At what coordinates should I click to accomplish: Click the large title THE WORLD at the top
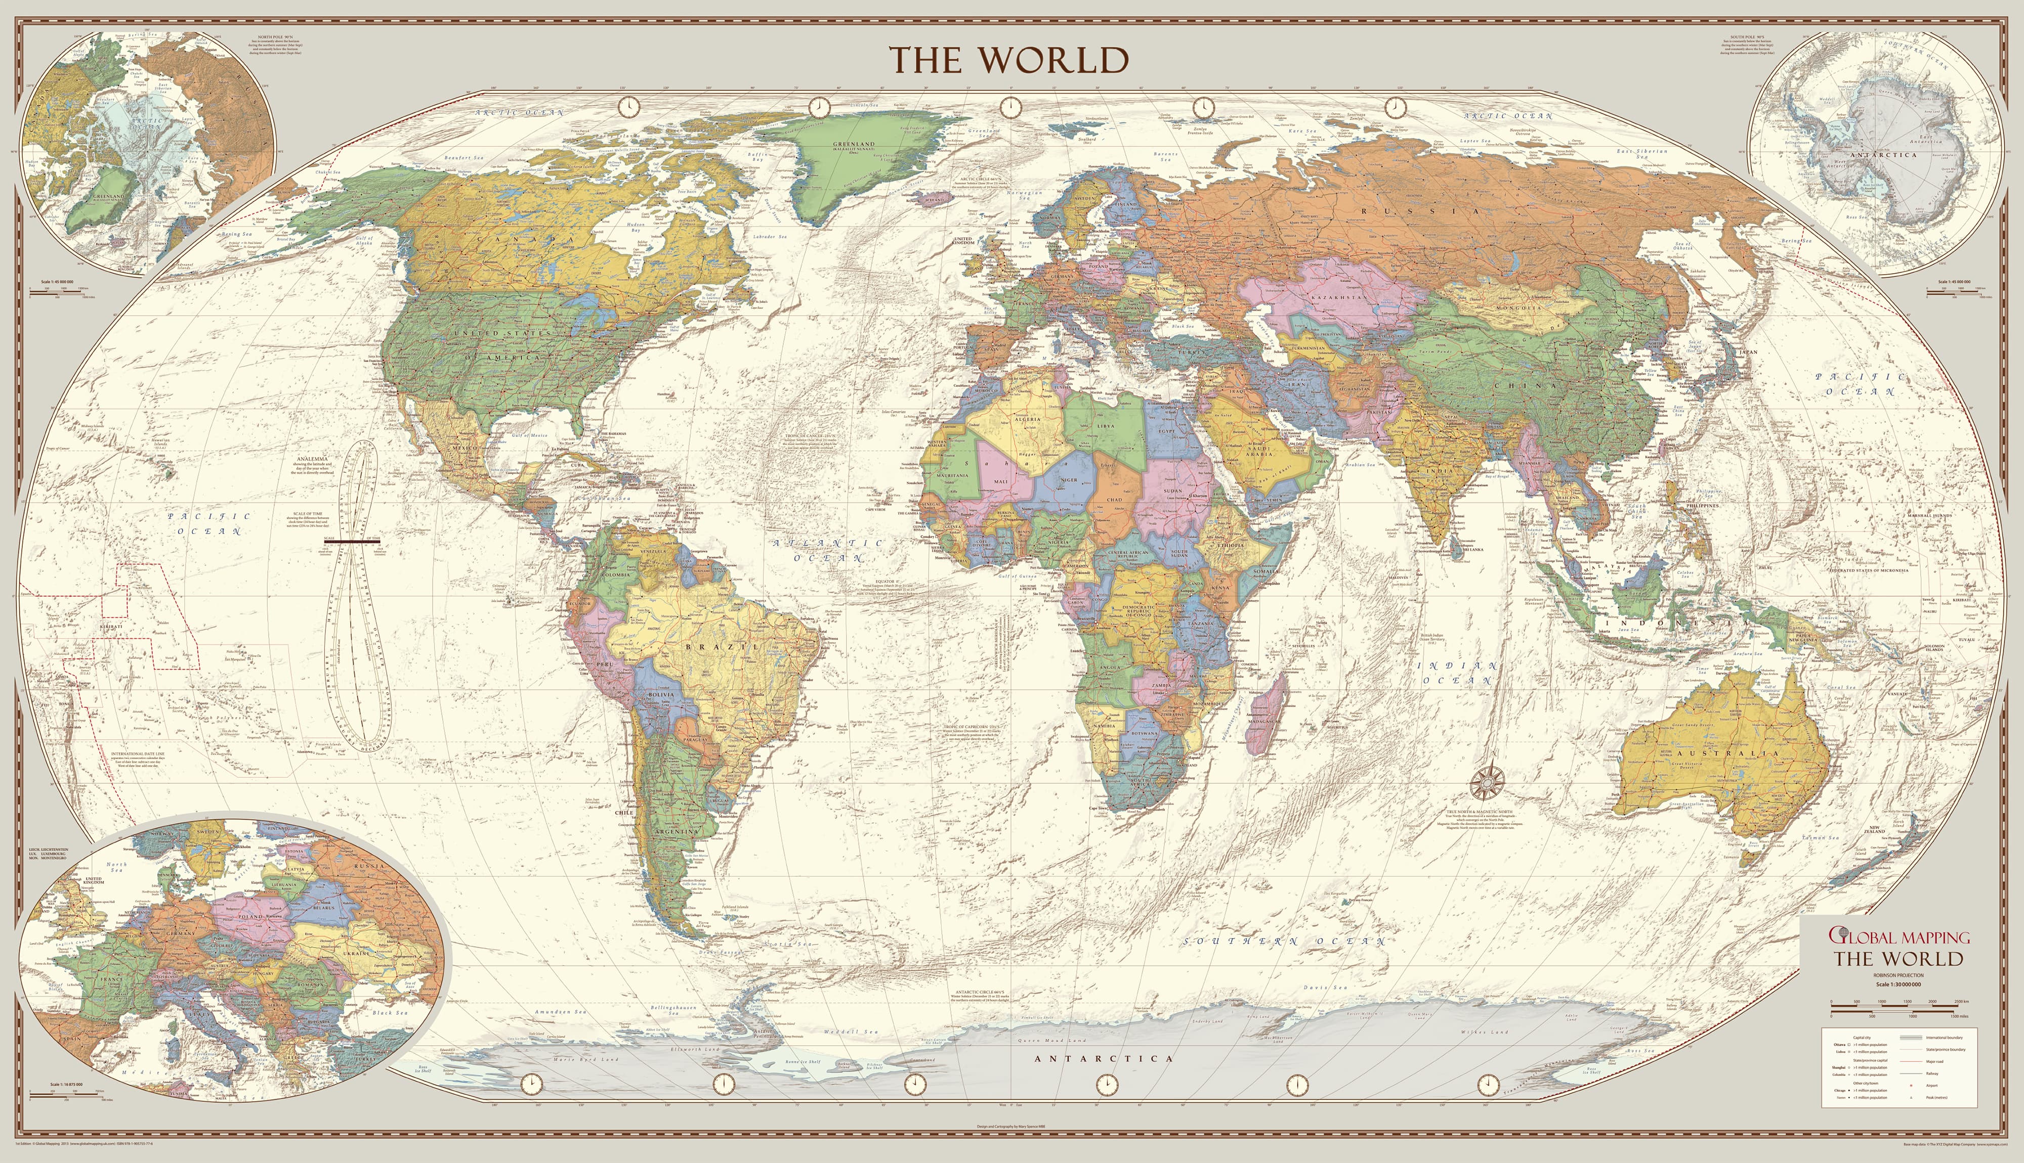pos(1009,60)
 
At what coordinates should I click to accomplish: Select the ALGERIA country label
pos(1028,419)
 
